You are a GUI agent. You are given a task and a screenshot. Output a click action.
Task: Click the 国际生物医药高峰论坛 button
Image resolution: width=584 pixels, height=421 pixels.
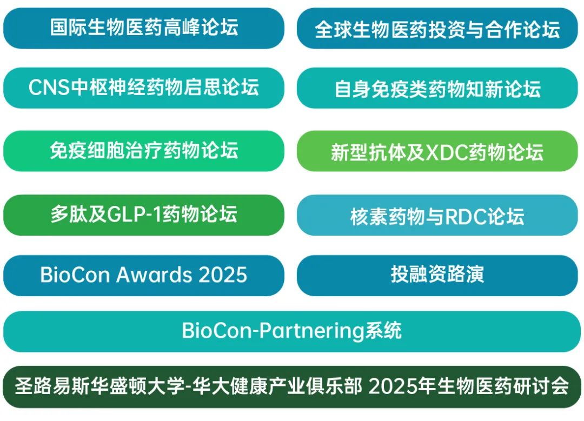point(144,28)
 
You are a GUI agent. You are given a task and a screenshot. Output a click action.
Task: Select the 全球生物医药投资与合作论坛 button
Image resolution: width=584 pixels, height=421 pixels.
point(437,28)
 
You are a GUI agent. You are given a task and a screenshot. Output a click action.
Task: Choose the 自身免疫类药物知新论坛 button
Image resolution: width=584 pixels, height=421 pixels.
point(437,88)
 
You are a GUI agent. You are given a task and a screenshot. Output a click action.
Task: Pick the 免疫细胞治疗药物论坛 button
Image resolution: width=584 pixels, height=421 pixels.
point(144,151)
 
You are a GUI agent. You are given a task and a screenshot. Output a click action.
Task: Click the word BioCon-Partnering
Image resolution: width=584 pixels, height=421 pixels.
point(273,331)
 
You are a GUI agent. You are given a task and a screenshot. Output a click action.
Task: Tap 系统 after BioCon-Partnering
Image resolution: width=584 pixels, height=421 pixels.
point(383,331)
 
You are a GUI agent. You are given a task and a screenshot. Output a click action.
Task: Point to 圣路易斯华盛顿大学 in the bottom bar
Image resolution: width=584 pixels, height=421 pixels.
point(99,386)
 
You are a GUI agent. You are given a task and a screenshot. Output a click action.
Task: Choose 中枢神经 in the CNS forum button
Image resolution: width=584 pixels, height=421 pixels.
point(108,88)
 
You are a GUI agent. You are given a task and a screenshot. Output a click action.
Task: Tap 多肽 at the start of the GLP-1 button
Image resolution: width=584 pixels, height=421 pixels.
point(69,215)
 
